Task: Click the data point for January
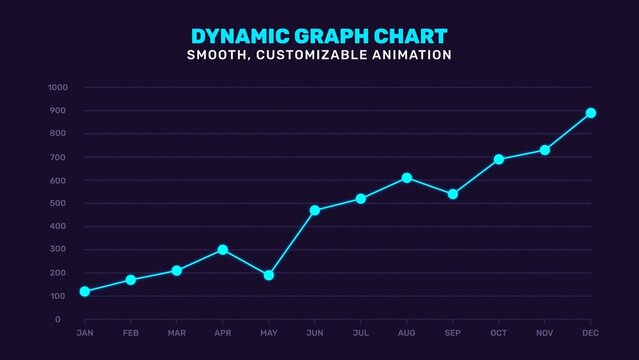[84, 291]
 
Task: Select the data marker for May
[269, 275]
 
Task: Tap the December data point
[591, 113]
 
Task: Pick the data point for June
[315, 210]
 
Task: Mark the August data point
[407, 178]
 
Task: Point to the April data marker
[223, 250]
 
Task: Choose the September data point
[453, 194]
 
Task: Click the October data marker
[499, 159]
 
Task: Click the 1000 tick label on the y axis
[57, 87]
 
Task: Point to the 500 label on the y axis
[59, 203]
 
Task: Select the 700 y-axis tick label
[59, 157]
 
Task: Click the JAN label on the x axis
[84, 332]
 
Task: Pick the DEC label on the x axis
[591, 332]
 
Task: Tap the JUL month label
[361, 332]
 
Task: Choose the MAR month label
[176, 332]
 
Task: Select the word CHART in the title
[412, 36]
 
